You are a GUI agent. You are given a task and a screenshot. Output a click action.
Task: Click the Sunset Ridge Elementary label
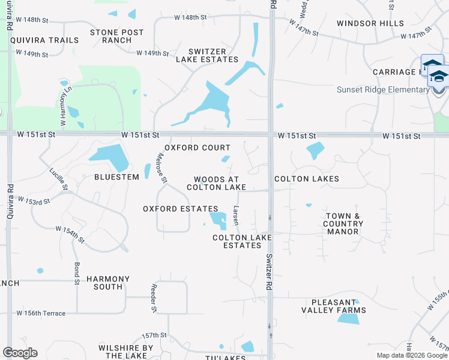point(383,90)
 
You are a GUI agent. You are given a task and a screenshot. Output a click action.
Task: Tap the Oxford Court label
point(197,148)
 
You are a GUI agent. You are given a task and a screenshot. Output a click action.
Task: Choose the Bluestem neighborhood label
point(116,177)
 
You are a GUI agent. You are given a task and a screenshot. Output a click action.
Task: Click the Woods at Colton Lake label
point(216,184)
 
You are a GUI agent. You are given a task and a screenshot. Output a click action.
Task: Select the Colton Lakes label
point(307,179)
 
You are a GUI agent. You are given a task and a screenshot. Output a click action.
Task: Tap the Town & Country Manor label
point(343,224)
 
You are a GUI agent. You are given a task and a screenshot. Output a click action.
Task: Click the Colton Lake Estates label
point(242,241)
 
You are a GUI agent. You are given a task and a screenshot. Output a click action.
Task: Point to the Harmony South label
point(108,283)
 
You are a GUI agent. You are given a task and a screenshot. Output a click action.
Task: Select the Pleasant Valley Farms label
point(339,306)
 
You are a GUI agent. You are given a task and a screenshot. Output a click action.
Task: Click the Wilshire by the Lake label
point(126,352)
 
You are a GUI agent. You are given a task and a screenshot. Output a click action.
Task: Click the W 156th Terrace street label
point(41,313)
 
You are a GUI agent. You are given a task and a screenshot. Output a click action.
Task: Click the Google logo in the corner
point(20,353)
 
